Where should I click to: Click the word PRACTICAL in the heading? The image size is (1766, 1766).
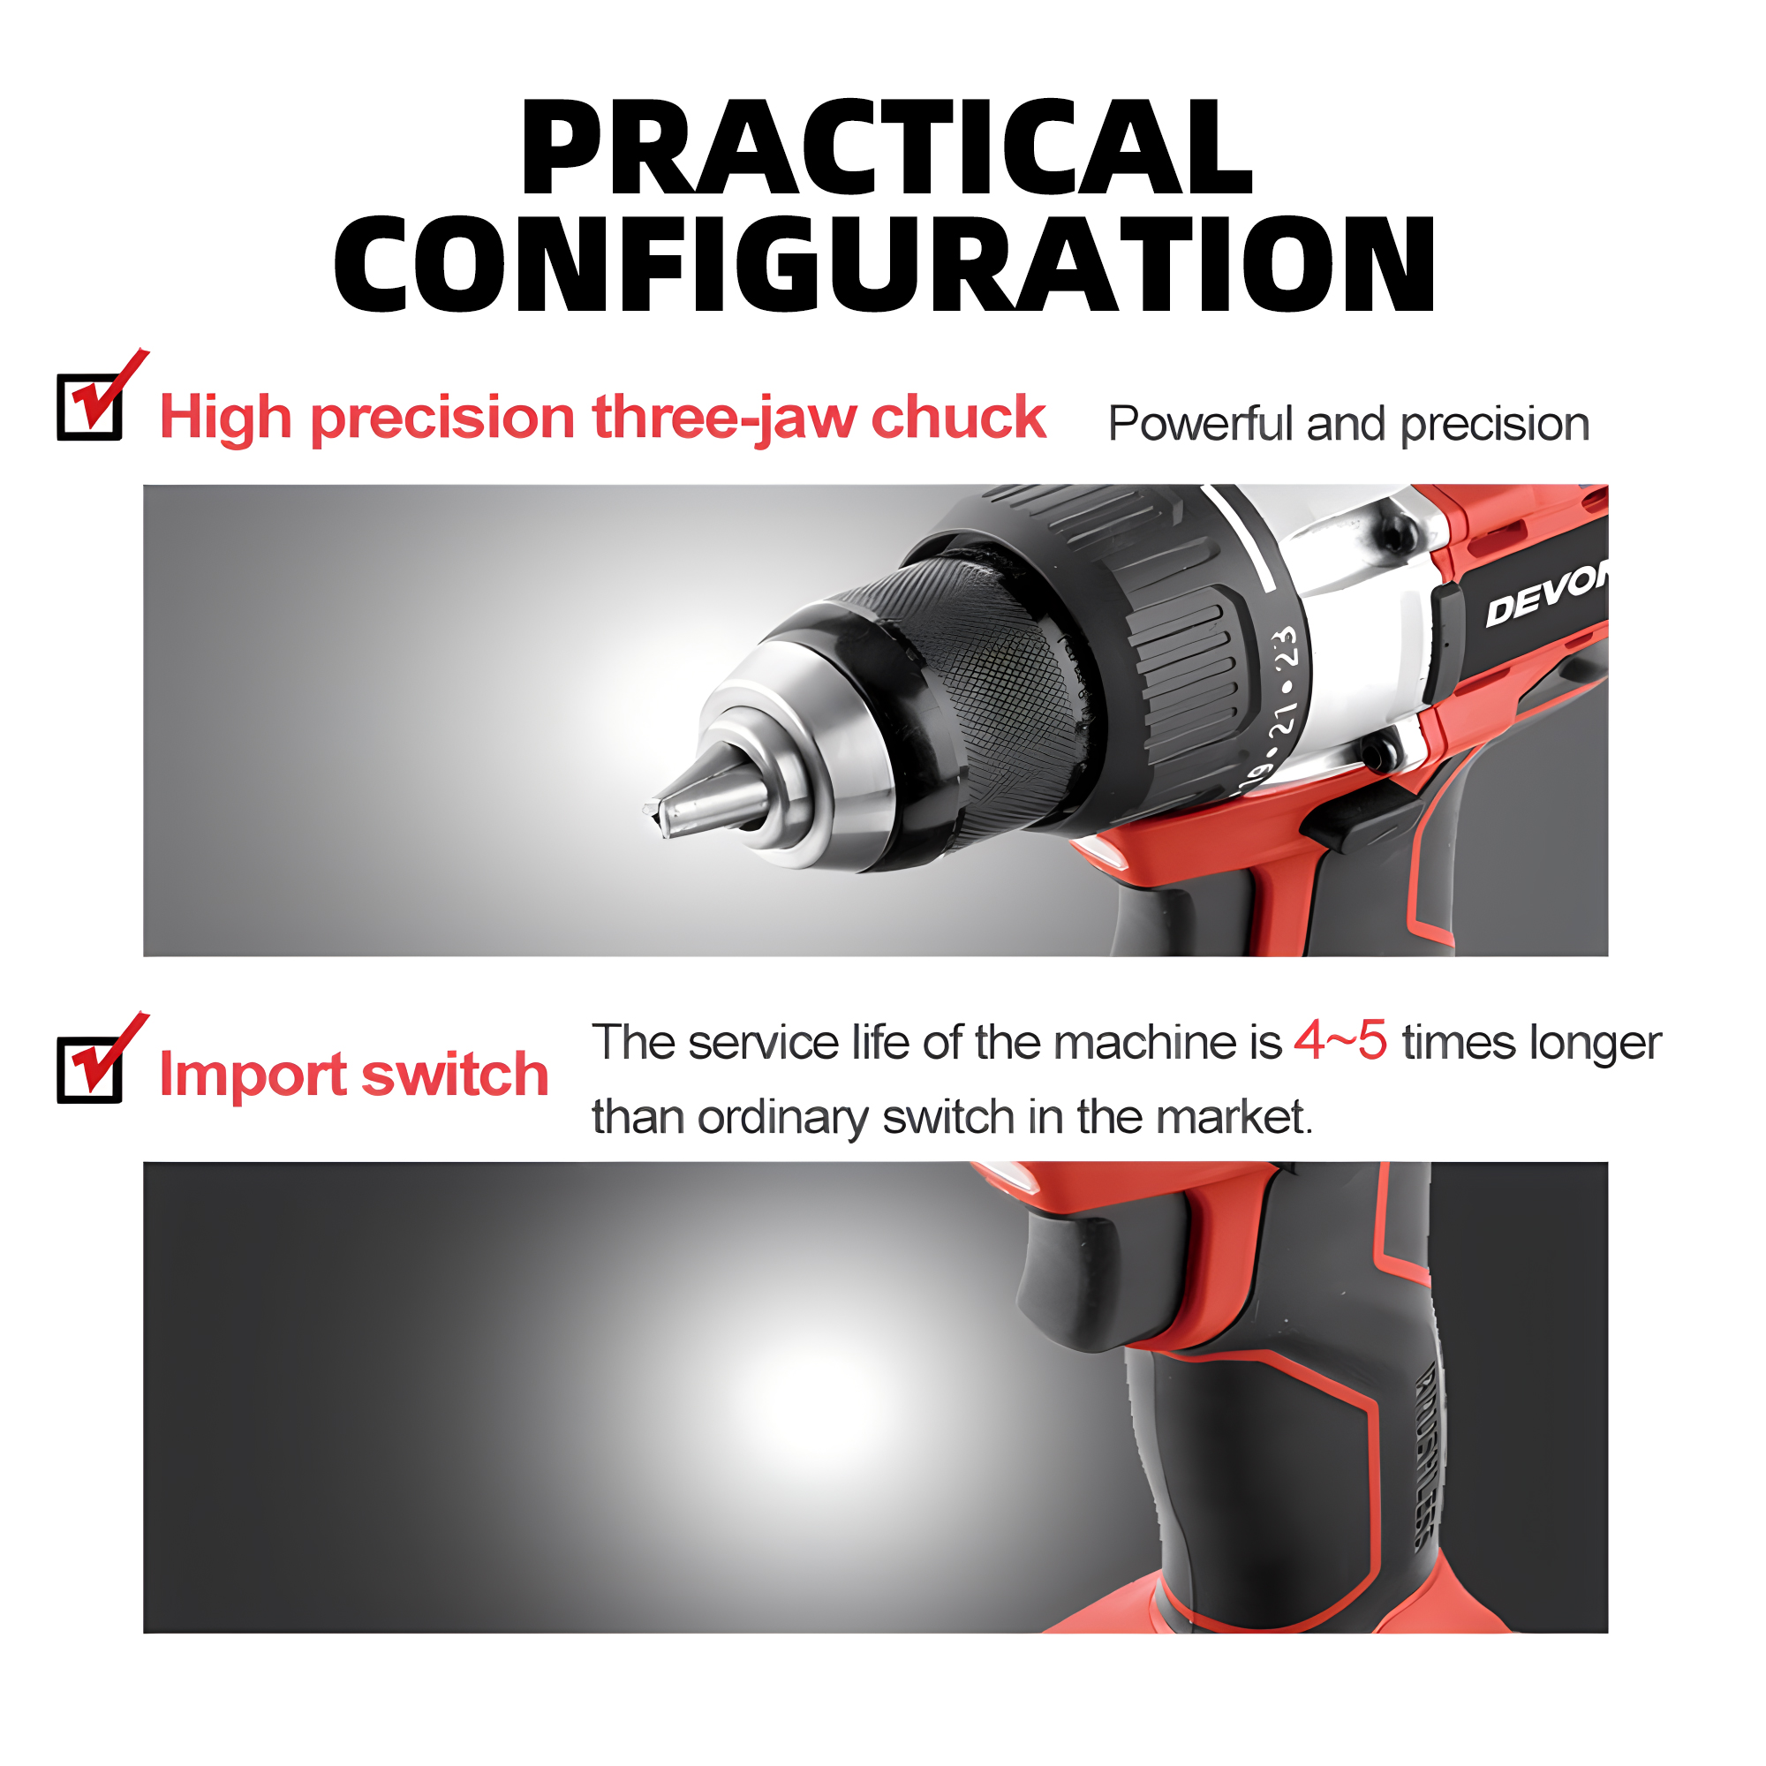point(885,148)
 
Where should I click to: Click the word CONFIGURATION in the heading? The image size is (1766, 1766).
point(885,265)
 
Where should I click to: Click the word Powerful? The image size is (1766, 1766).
point(1200,424)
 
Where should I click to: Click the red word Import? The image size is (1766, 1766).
point(252,1075)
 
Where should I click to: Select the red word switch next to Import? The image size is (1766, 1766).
point(456,1075)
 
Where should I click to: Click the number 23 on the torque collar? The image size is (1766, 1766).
point(1285,647)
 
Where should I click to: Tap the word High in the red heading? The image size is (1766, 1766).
point(227,418)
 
